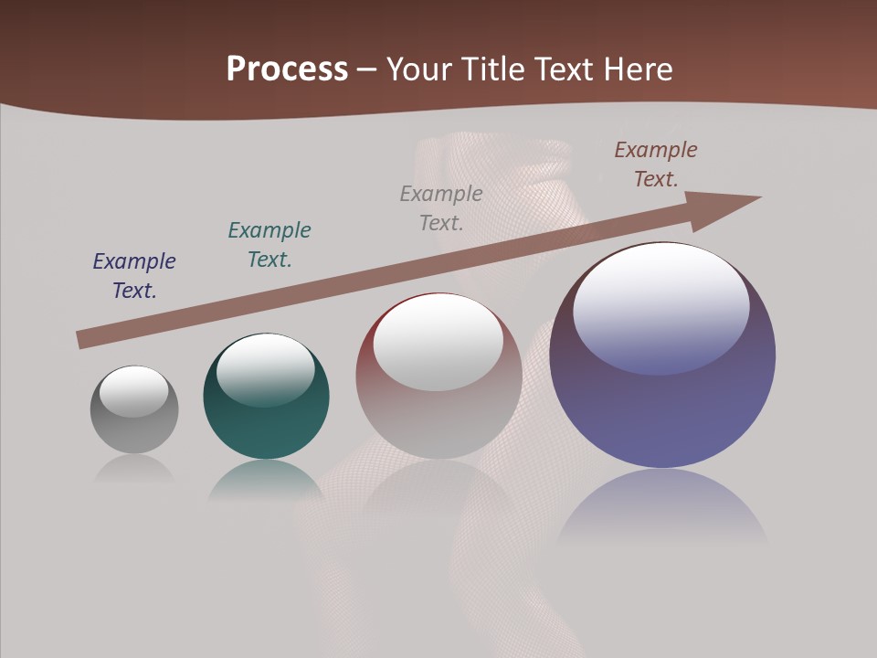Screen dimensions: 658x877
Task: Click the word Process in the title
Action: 287,69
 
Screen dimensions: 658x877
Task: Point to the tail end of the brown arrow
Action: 82,339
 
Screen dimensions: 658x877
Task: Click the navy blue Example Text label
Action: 134,276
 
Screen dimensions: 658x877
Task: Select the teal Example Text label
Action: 269,245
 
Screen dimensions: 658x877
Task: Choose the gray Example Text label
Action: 441,207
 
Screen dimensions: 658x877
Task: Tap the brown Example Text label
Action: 656,164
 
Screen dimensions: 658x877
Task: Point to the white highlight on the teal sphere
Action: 266,366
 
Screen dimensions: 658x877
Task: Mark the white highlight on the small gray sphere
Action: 134,390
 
